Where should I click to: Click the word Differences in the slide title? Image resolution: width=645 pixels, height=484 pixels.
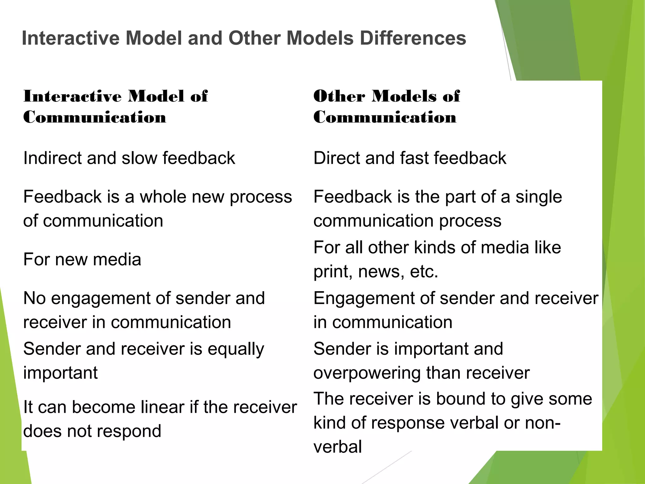413,38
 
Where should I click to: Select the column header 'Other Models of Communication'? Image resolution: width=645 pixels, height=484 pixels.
386,107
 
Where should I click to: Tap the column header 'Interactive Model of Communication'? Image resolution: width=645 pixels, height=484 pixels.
115,107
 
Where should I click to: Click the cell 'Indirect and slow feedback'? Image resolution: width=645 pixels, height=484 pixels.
129,158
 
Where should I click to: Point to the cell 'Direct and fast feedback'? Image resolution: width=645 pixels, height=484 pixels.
410,158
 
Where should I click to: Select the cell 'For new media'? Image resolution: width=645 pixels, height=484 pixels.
82,259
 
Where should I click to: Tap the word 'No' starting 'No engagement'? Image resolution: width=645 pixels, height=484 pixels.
34,298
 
